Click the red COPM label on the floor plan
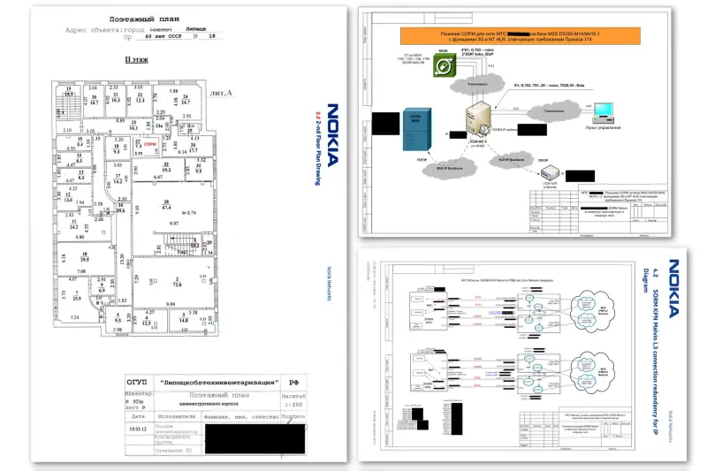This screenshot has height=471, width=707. coord(175,142)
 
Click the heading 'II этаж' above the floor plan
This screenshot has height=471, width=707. coord(133,60)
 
